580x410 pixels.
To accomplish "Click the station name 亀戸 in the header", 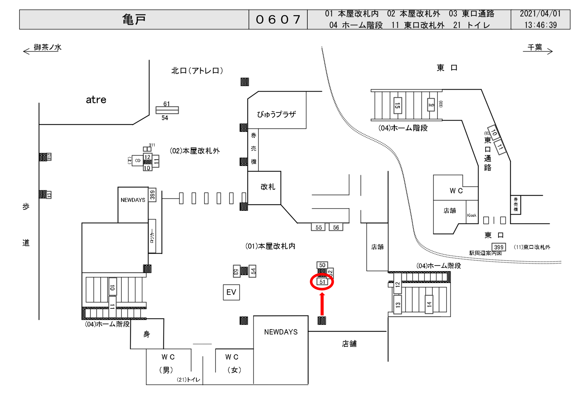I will (134, 19).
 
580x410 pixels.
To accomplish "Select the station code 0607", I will (278, 19).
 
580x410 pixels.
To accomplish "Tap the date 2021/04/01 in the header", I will (540, 14).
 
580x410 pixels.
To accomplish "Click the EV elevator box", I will (231, 292).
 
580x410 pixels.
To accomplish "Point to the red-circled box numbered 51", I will (322, 282).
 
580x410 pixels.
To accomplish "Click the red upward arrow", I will (322, 304).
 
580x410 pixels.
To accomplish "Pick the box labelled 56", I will (336, 227).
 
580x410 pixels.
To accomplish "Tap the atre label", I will (96, 100).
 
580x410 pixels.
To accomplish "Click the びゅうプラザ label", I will (276, 114).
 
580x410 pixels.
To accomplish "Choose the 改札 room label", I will (268, 187).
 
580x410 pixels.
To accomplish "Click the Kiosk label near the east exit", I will (472, 215).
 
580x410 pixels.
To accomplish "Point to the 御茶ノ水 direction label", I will (48, 47).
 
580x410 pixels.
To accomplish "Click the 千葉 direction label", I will (535, 47).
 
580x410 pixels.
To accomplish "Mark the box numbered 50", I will (322, 265).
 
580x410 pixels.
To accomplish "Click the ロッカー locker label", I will (152, 236).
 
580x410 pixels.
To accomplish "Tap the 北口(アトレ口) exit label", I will (197, 71).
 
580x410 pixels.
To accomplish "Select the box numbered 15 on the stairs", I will (397, 105).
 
